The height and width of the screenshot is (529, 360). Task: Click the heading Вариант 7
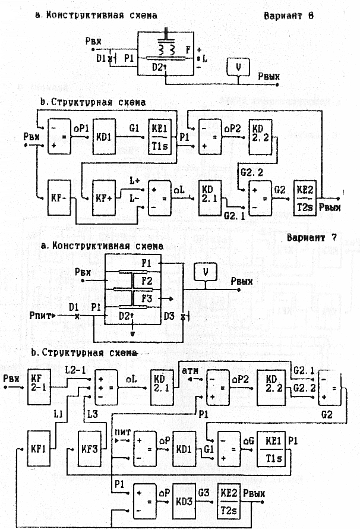(311, 238)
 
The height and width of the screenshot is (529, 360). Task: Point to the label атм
(191, 370)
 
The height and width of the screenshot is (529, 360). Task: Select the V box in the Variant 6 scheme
(237, 68)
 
